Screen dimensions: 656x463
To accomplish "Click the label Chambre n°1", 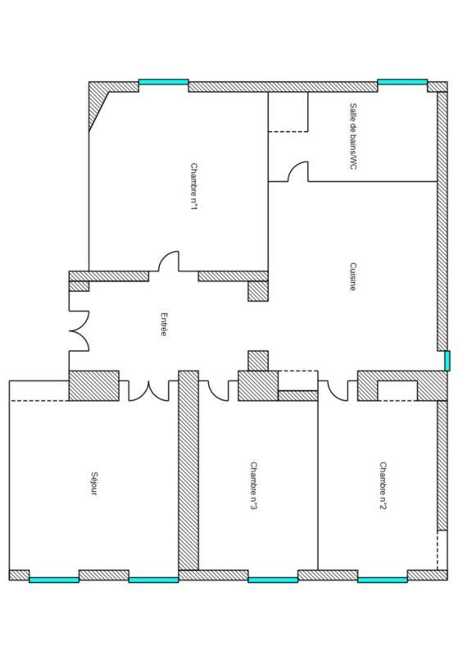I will click(194, 187).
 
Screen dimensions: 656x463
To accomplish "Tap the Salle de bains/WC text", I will click(353, 136).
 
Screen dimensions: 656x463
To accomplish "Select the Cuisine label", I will click(352, 276).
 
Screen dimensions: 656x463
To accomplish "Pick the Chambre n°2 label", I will click(382, 485).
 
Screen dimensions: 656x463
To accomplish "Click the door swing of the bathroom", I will click(297, 172).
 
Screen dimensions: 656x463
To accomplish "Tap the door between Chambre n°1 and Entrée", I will click(169, 262).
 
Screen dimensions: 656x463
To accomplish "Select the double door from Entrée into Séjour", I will click(152, 390).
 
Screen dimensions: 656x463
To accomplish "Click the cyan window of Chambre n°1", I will click(163, 83).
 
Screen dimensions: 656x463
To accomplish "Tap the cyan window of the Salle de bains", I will click(402, 83).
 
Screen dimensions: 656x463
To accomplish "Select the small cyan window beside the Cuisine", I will click(447, 361).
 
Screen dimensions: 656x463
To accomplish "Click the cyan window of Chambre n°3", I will click(273, 579).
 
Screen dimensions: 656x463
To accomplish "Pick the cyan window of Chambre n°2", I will click(382, 579).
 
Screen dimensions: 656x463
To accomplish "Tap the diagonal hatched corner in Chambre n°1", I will click(98, 107).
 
